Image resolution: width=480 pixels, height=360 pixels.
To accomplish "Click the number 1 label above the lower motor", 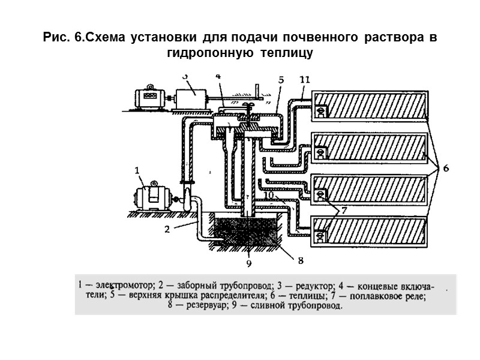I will point(137,170).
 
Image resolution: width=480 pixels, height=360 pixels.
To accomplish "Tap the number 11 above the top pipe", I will point(304,79).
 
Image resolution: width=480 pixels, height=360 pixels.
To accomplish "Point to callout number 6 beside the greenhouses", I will point(446,169).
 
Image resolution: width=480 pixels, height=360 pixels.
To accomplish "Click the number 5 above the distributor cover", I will point(281,79).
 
